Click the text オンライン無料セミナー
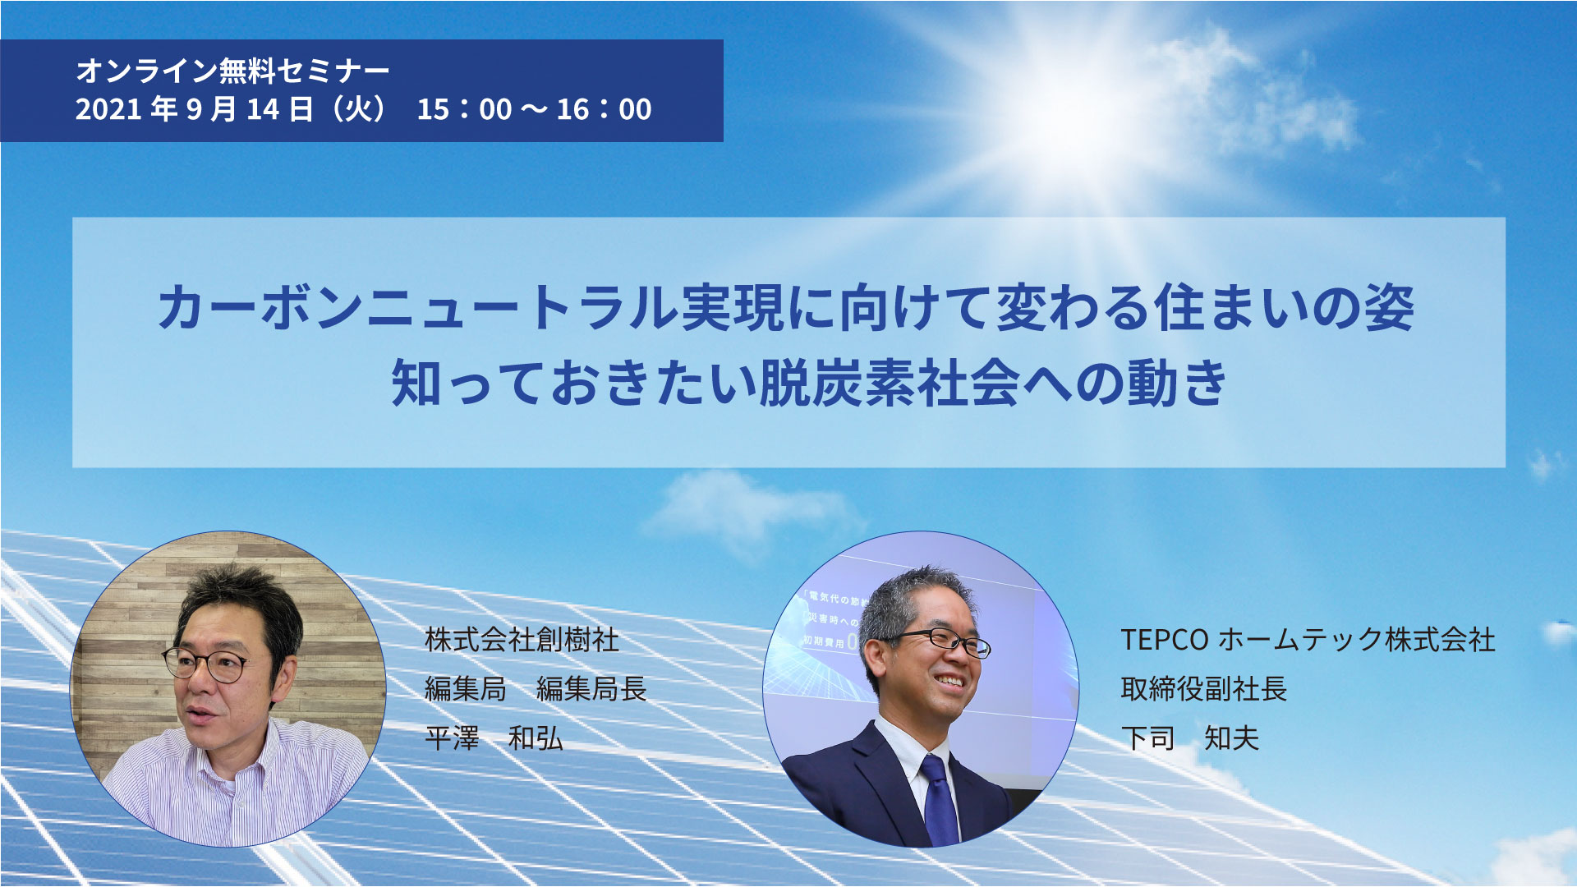pos(232,71)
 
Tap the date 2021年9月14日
pos(194,109)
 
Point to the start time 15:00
pos(464,109)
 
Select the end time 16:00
pos(604,109)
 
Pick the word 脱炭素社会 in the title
pos(889,382)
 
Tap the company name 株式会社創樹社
pos(522,640)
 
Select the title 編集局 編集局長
pos(536,688)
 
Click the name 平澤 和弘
pos(494,738)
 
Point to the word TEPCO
pos(1164,640)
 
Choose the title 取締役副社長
pos(1203,688)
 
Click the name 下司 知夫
pos(1189,738)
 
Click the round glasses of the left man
pos(205,664)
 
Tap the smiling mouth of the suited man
pos(950,681)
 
